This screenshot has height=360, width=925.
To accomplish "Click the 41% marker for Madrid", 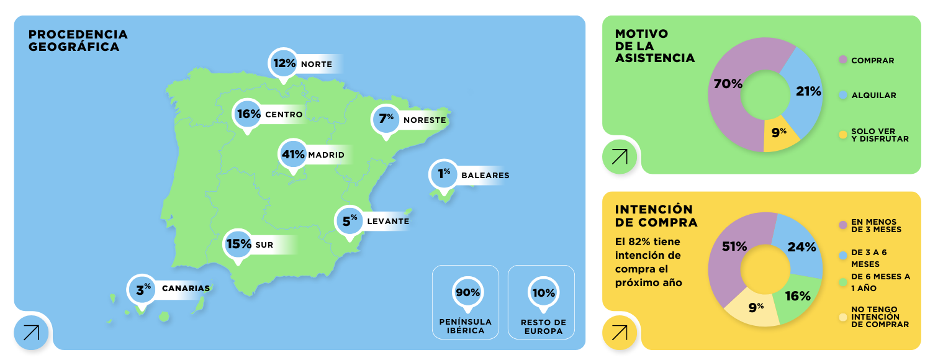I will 292,154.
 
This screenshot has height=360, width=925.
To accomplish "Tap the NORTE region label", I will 317,65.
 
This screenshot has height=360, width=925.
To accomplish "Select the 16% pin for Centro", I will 248,114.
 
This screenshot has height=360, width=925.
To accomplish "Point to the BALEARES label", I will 485,176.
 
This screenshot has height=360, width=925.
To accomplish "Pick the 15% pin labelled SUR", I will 238,245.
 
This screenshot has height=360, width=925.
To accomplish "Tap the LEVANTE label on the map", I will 388,222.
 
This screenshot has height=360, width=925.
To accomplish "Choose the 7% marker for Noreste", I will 386,119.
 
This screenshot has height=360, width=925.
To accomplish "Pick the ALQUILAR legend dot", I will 843,96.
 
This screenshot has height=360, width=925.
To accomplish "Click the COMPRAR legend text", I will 873,61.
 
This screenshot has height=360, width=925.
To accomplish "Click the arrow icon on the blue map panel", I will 31,332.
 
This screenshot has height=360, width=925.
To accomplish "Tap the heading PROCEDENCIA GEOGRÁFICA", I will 78,40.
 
